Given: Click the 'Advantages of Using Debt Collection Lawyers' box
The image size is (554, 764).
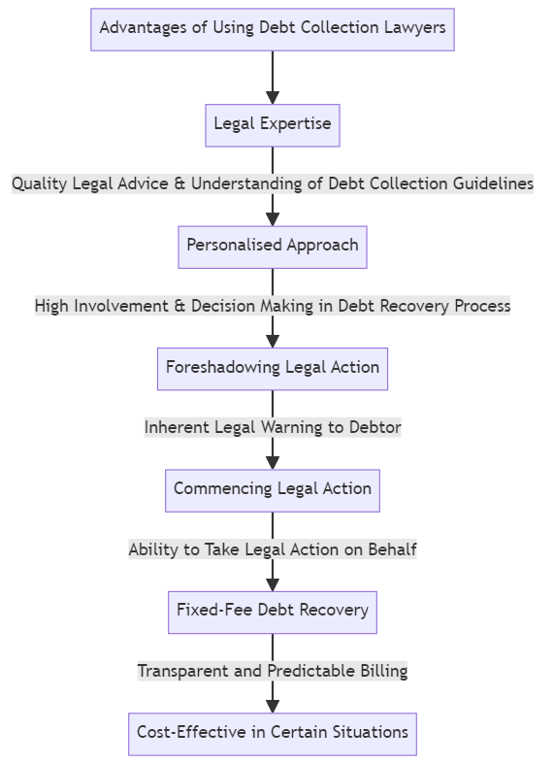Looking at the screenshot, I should coord(273,29).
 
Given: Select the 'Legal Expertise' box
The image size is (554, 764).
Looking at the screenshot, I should coord(273,125).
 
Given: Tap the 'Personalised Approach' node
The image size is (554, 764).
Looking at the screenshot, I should coord(273,247).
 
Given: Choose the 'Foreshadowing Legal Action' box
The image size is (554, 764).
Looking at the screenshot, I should coord(273,369).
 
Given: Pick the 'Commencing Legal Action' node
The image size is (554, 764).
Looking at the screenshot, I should coord(273,490).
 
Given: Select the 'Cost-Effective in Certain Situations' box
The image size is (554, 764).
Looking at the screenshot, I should coord(273,734).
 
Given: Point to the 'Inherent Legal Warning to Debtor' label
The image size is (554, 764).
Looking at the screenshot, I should coord(273,427).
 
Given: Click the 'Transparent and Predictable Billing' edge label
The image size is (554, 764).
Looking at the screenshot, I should coord(273,671).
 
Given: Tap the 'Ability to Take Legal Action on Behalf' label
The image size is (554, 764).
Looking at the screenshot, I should coord(273,549).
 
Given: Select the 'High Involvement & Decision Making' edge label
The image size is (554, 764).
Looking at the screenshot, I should coord(273,306).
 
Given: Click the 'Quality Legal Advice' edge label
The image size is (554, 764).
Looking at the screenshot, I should coord(273,183).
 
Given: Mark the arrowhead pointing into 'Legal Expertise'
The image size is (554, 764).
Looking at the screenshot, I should coord(273,97).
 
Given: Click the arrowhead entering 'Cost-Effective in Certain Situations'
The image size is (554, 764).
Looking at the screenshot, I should coord(273,706).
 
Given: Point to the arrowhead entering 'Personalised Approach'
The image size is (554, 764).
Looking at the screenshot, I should coord(273,218).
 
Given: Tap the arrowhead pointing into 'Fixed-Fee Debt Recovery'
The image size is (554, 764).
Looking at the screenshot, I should coord(273,584).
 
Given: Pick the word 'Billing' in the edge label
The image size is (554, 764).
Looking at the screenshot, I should coord(381,671).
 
